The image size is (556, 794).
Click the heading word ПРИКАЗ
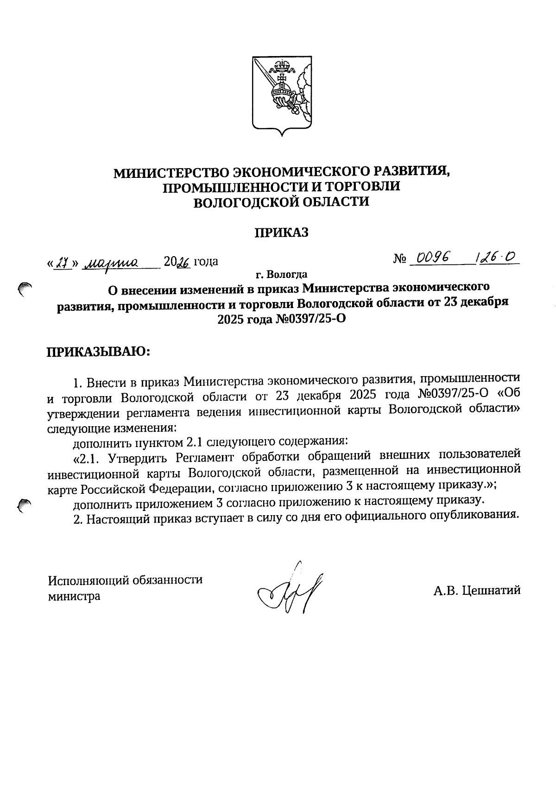pos(281,233)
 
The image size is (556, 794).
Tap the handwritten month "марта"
pos(111,263)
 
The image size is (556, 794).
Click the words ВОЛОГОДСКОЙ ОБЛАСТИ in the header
pos(281,202)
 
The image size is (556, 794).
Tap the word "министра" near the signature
pos(75,596)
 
